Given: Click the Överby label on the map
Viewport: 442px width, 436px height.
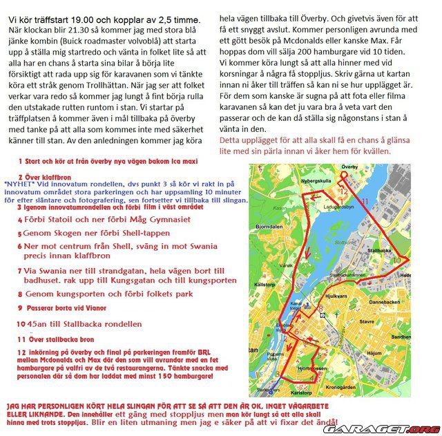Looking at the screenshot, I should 350,168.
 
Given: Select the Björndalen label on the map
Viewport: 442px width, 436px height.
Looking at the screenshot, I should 269,226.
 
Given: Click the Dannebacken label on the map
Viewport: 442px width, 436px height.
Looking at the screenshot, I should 385,301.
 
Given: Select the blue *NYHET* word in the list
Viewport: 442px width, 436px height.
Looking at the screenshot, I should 19,184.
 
